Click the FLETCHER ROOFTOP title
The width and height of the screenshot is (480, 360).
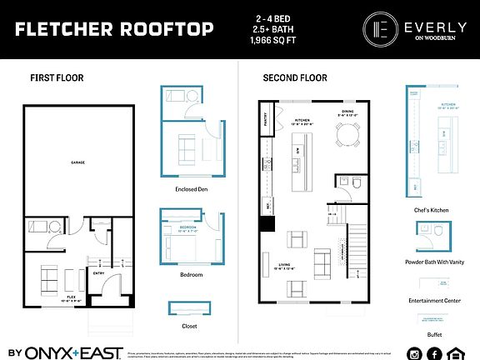point(114,30)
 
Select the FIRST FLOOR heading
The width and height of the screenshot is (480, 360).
point(57,78)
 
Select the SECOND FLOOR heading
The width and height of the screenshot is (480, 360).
point(295,78)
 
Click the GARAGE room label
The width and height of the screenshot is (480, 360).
point(78,162)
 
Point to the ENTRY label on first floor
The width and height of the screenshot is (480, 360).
point(98,272)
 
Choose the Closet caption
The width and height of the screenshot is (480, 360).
point(190,326)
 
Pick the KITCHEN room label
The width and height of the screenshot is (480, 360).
point(302,120)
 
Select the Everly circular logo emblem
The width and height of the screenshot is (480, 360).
point(380,29)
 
